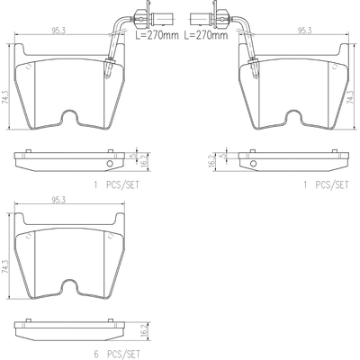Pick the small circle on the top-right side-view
pos(251,163)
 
